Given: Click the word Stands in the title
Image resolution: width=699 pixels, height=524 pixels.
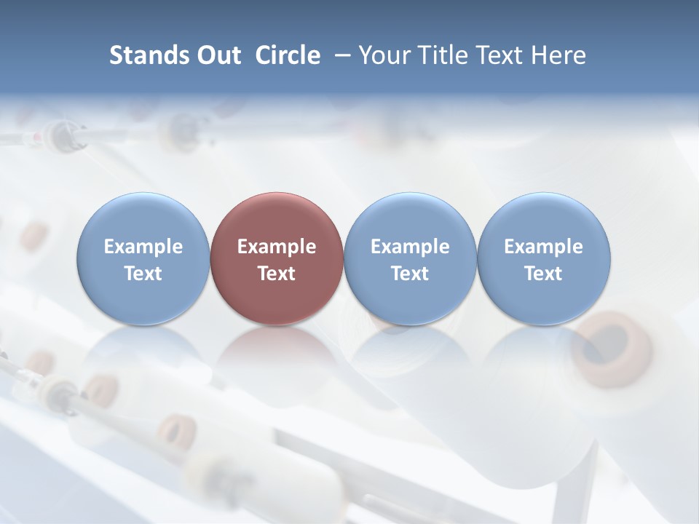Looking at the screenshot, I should point(142,55).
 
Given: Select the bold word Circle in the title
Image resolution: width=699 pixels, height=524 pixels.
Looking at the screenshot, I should point(288,55).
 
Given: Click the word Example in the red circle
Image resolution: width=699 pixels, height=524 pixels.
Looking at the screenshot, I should point(277,247).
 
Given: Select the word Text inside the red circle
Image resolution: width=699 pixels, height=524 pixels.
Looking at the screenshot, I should point(277,274).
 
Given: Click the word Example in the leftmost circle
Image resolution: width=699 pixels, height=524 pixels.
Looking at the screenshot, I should point(143,247).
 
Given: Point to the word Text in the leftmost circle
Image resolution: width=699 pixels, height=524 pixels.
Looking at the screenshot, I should point(143,274).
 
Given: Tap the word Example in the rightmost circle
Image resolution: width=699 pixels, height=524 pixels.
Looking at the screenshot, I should point(543,247).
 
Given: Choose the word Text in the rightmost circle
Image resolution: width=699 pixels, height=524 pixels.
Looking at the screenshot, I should point(543,274).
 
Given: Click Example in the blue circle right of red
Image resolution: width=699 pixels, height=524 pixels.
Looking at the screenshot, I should point(410,247).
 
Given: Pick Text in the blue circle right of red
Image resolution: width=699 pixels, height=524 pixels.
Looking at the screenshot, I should point(410,274).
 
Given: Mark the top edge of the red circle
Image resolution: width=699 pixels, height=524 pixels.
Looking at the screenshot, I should point(277,194).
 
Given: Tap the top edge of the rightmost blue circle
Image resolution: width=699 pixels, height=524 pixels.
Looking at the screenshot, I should point(543,194).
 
